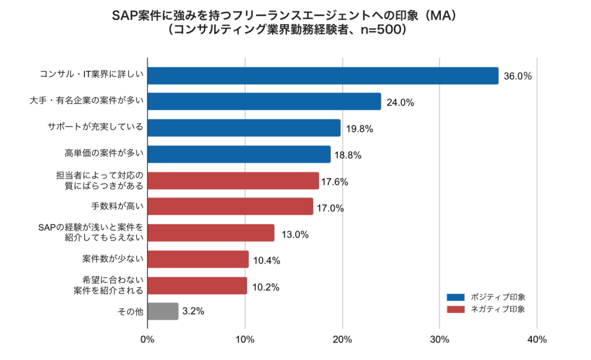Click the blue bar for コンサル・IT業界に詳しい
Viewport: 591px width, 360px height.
point(323,76)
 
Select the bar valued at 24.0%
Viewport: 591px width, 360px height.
point(264,102)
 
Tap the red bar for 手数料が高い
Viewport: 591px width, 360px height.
point(230,207)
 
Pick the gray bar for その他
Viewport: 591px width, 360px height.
point(163,311)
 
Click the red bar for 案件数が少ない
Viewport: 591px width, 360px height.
point(198,259)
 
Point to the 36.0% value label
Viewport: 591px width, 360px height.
point(518,76)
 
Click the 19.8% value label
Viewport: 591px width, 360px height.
point(360,129)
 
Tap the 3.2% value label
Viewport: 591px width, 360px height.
point(193,311)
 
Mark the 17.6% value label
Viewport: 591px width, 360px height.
point(335,182)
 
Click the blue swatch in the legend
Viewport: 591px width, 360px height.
point(455,297)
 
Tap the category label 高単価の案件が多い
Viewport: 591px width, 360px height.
point(103,153)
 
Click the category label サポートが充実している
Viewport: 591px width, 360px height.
point(95,127)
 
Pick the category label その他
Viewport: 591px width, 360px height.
point(130,311)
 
